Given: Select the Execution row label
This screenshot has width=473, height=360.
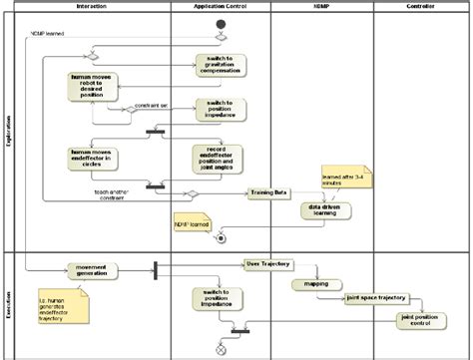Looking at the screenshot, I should [8, 302].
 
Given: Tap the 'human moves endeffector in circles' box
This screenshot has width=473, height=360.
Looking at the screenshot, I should [96, 157].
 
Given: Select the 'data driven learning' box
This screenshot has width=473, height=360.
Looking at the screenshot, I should [324, 210].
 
